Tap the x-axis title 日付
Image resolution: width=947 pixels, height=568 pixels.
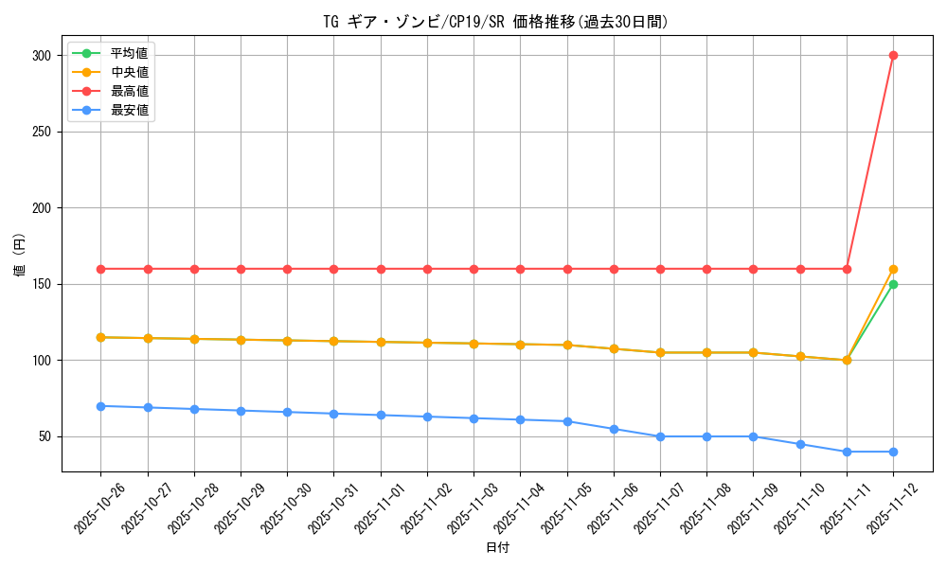[497, 548]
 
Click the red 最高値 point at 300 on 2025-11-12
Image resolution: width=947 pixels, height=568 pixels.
[893, 55]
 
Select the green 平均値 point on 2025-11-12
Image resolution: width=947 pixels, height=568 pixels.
[893, 284]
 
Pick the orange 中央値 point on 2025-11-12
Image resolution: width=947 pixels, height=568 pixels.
[893, 269]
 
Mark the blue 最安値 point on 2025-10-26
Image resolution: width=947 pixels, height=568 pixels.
[100, 406]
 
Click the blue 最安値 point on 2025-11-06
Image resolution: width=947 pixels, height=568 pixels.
[614, 429]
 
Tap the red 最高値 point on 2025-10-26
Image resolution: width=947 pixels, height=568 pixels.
[100, 269]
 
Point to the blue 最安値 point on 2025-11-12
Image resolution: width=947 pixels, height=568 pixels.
[893, 452]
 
